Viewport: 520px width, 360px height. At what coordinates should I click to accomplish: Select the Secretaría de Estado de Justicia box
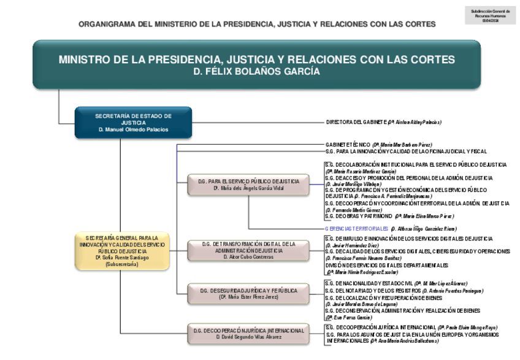[133, 123]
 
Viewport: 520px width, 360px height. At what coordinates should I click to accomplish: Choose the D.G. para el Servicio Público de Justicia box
[248, 185]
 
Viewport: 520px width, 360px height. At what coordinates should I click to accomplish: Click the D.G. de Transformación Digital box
[248, 251]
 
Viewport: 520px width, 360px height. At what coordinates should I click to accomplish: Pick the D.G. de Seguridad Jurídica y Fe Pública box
[248, 293]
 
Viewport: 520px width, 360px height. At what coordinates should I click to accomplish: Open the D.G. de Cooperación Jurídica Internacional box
[248, 334]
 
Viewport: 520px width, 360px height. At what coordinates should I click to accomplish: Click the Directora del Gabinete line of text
[383, 122]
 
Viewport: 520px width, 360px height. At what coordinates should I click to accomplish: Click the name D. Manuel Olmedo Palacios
[133, 130]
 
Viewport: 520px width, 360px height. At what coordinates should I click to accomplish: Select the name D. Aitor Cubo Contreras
[248, 258]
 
